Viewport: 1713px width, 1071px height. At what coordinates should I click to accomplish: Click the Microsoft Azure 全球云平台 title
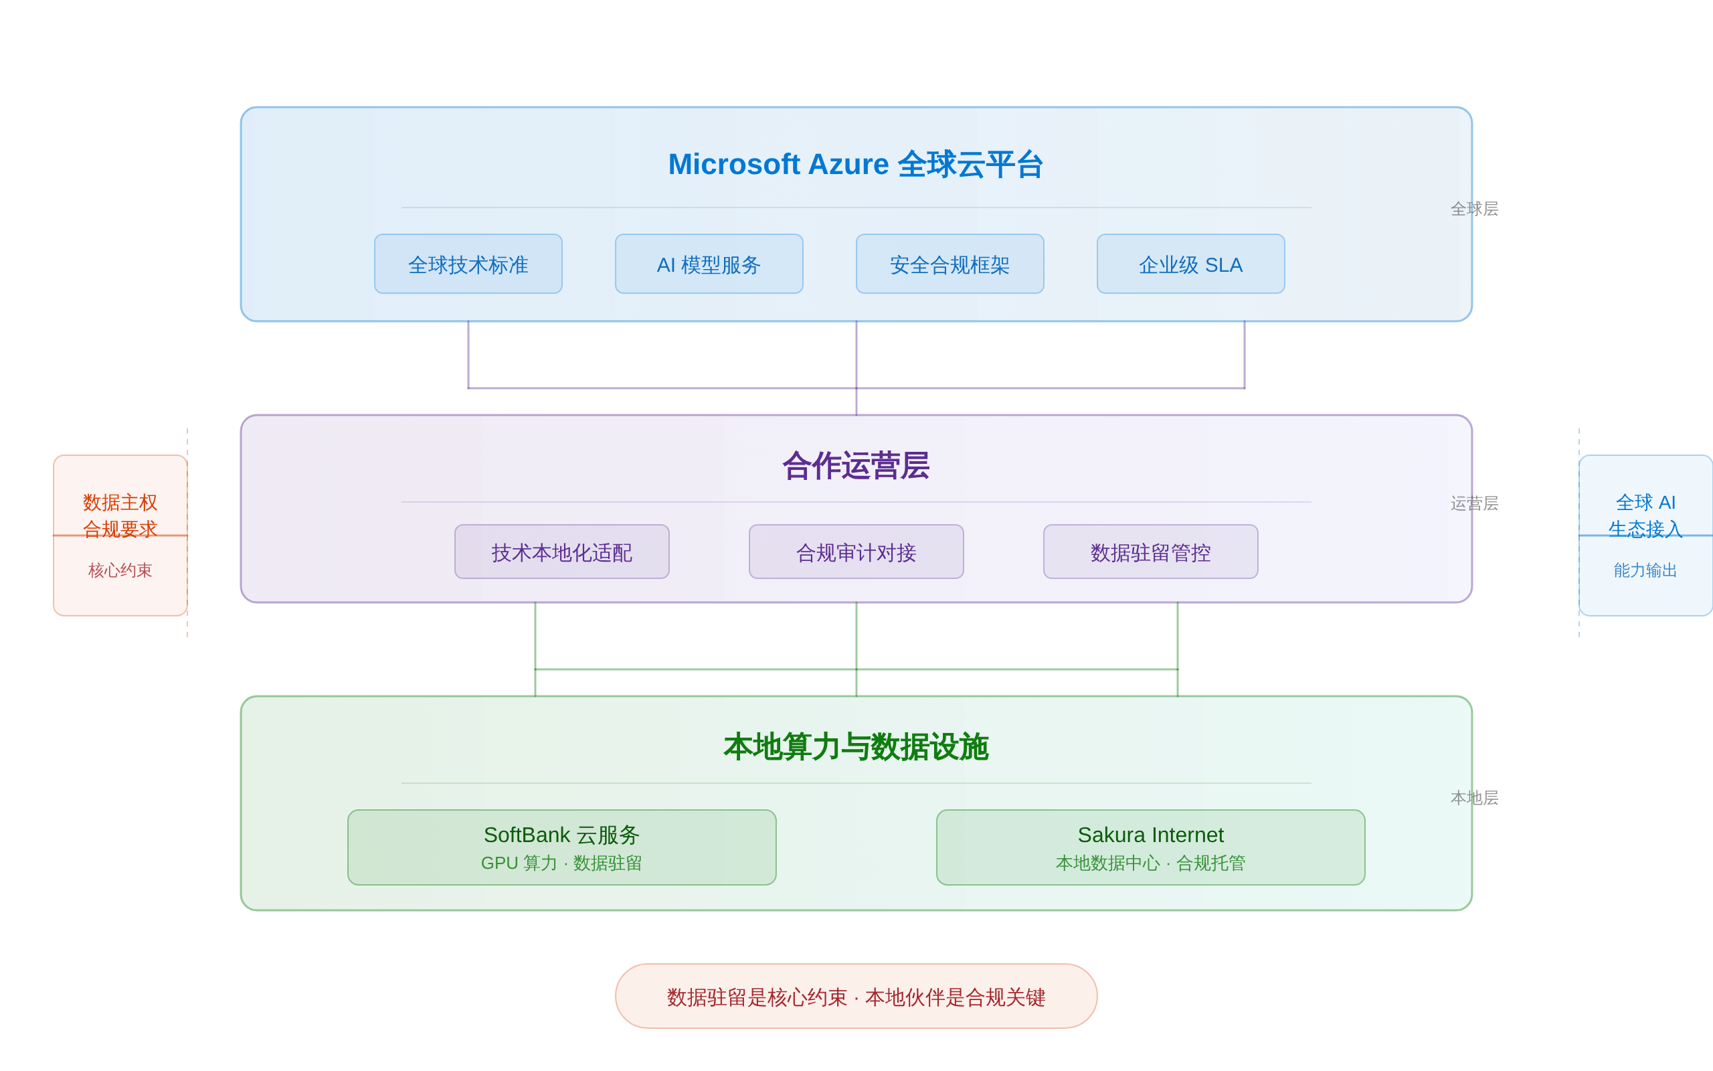click(x=856, y=165)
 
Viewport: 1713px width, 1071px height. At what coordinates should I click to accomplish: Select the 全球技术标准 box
click(x=468, y=264)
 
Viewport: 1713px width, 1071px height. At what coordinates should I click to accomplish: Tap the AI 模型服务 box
click(x=709, y=264)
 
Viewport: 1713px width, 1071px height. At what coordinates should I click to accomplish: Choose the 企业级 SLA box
click(x=1190, y=264)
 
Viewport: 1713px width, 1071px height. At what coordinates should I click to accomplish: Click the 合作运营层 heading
click(x=856, y=466)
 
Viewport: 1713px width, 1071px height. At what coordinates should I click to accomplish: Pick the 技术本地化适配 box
click(x=561, y=552)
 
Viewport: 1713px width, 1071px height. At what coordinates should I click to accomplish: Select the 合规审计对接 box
click(x=856, y=552)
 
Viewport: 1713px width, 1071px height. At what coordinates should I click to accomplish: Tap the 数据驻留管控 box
click(x=1150, y=552)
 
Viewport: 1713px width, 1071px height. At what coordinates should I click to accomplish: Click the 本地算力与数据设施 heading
click(x=856, y=747)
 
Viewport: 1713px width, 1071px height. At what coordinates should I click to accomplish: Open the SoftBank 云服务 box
click(x=561, y=847)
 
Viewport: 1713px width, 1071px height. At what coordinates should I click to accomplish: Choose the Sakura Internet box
click(x=1150, y=847)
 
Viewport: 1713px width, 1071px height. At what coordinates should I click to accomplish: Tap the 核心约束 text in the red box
click(x=120, y=570)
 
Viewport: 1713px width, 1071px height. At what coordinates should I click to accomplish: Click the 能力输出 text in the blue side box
click(x=1644, y=570)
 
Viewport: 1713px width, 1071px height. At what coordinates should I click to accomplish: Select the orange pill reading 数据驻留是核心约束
click(x=856, y=997)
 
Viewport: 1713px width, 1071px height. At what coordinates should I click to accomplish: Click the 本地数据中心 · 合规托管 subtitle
click(x=1150, y=863)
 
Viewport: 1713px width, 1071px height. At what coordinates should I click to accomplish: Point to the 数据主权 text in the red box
click(x=120, y=502)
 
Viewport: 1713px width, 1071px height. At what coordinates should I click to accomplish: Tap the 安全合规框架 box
click(x=950, y=264)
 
